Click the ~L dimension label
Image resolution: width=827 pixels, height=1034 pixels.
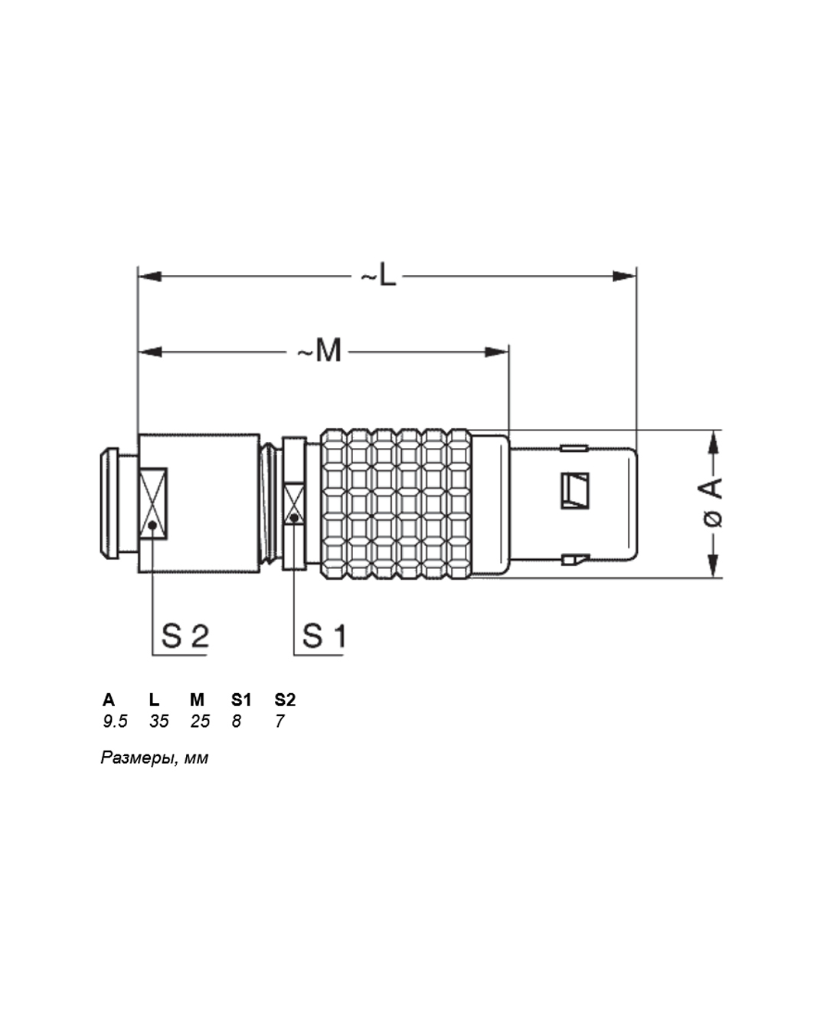tap(379, 274)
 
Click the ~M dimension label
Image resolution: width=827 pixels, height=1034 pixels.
tap(319, 350)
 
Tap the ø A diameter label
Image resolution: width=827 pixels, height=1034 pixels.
tap(713, 502)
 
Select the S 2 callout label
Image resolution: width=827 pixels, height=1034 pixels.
tap(185, 636)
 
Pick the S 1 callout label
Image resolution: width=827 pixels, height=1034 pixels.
tap(324, 636)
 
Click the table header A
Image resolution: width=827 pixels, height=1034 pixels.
tap(109, 700)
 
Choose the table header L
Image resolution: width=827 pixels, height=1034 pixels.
tap(154, 700)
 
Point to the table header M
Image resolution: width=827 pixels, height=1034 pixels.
tap(197, 700)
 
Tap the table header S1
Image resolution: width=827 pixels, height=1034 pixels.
tap(241, 700)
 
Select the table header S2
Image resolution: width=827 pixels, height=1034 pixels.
tap(285, 700)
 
